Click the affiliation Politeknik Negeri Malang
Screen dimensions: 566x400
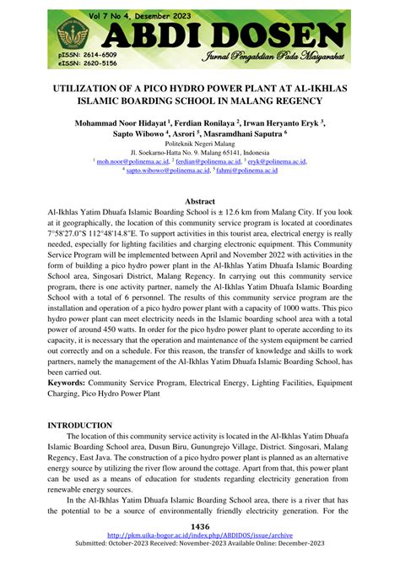click(x=200, y=144)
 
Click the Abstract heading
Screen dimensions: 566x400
click(x=200, y=201)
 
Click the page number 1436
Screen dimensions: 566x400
click(x=200, y=526)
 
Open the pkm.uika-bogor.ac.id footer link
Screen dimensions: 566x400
click(x=200, y=536)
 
